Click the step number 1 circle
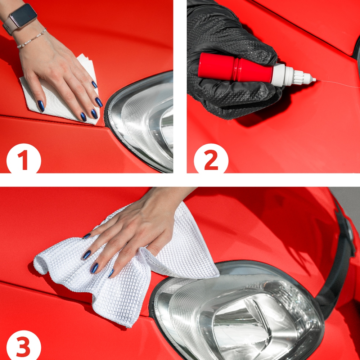(x=23, y=160)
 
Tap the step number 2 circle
(x=211, y=160)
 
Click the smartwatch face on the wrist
(x=23, y=15)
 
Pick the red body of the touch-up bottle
(x=234, y=67)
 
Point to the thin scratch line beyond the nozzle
(x=338, y=84)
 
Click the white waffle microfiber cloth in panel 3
(x=119, y=281)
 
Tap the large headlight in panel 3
(x=238, y=313)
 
